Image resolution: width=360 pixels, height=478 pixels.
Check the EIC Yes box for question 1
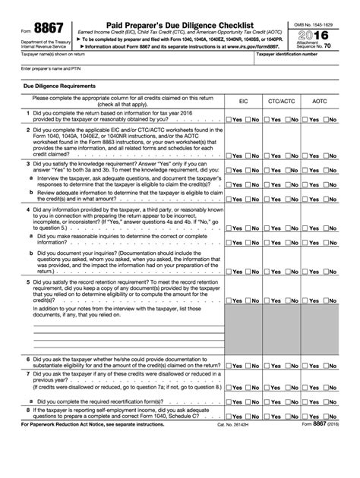(230, 141)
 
